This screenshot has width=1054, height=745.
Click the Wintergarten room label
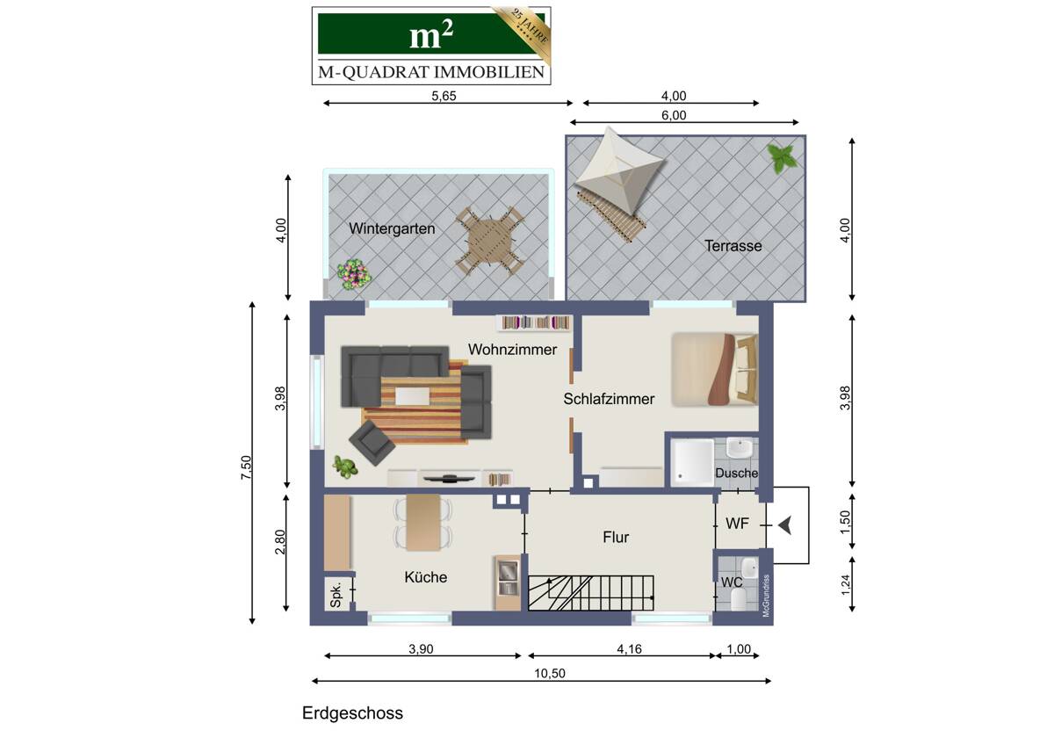point(392,228)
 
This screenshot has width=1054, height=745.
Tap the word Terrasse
point(733,246)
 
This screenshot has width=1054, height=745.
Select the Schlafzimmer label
point(609,399)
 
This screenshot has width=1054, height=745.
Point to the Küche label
point(426,577)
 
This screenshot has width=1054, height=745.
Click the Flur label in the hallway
point(616,537)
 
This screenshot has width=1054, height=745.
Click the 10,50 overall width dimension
point(550,674)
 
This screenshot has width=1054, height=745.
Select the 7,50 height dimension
point(246,467)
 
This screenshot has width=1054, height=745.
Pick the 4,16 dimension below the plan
point(629,649)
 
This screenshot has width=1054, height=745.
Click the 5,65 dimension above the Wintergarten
point(444,96)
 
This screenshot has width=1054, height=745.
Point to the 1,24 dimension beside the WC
point(845,585)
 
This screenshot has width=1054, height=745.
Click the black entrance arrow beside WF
point(784,525)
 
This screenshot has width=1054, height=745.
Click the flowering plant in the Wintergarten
point(354,274)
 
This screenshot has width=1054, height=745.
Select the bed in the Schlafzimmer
point(714,370)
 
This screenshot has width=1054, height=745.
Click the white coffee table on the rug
point(413,396)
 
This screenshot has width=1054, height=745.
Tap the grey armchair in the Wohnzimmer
point(372,444)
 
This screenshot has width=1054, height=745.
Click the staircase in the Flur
point(591,593)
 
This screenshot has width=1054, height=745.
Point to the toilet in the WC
point(740,601)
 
